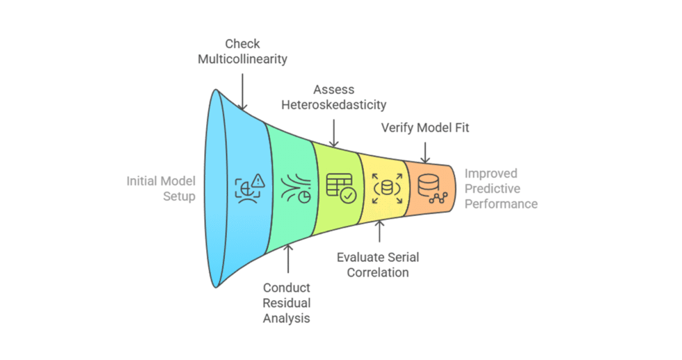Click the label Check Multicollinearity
242,51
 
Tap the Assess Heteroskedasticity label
334,97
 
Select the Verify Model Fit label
425,128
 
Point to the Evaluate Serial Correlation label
378,264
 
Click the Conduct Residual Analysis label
287,303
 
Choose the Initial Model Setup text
161,189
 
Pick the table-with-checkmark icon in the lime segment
340,187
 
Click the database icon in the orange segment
428,187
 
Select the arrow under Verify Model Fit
425,150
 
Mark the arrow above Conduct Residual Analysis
287,260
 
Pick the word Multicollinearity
242,58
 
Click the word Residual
287,303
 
